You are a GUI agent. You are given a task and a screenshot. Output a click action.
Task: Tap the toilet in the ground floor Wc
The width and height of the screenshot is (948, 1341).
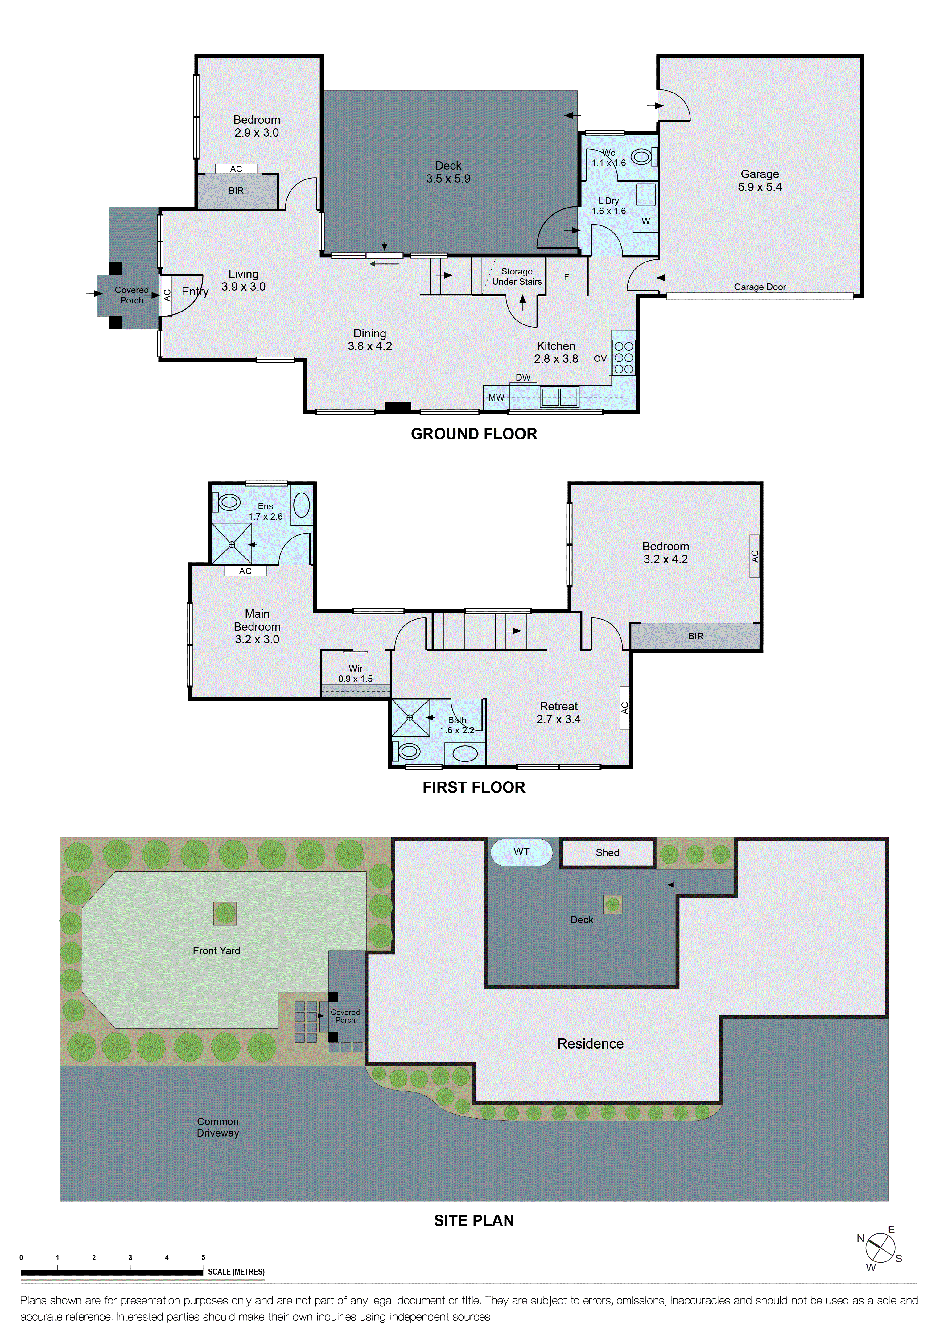click(x=642, y=157)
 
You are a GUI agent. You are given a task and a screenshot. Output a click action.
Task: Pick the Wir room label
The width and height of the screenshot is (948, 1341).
click(x=355, y=669)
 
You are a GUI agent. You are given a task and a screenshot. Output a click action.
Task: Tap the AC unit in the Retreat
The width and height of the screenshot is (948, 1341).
click(x=624, y=708)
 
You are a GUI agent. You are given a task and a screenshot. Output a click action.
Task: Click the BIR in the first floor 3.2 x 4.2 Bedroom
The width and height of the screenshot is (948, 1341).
click(x=695, y=636)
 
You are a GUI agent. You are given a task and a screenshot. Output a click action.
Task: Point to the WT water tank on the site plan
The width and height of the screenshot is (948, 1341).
click(x=521, y=852)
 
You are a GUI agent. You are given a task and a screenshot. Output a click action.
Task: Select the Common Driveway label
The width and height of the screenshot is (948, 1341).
click(x=217, y=1127)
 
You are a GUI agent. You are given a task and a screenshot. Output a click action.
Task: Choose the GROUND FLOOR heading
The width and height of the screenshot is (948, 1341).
click(x=474, y=434)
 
